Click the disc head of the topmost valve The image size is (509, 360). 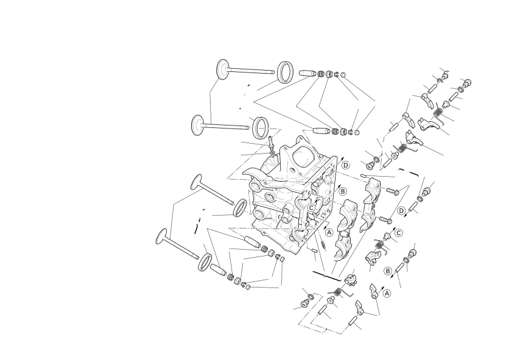[222, 69]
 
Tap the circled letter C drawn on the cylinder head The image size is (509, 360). [311, 208]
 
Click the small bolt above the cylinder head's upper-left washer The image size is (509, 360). [270, 142]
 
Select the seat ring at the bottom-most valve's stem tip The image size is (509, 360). [205, 262]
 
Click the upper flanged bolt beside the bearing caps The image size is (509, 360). [393, 191]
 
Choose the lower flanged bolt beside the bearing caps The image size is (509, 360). [385, 220]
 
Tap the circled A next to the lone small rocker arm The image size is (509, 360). [387, 294]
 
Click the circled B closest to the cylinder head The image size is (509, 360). [343, 192]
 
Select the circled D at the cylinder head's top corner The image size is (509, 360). [346, 165]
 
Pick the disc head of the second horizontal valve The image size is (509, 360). [197, 125]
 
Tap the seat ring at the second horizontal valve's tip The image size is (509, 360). [262, 127]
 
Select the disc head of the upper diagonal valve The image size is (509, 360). [197, 182]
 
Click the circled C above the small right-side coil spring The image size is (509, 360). [399, 233]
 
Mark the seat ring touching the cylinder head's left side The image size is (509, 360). [240, 208]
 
